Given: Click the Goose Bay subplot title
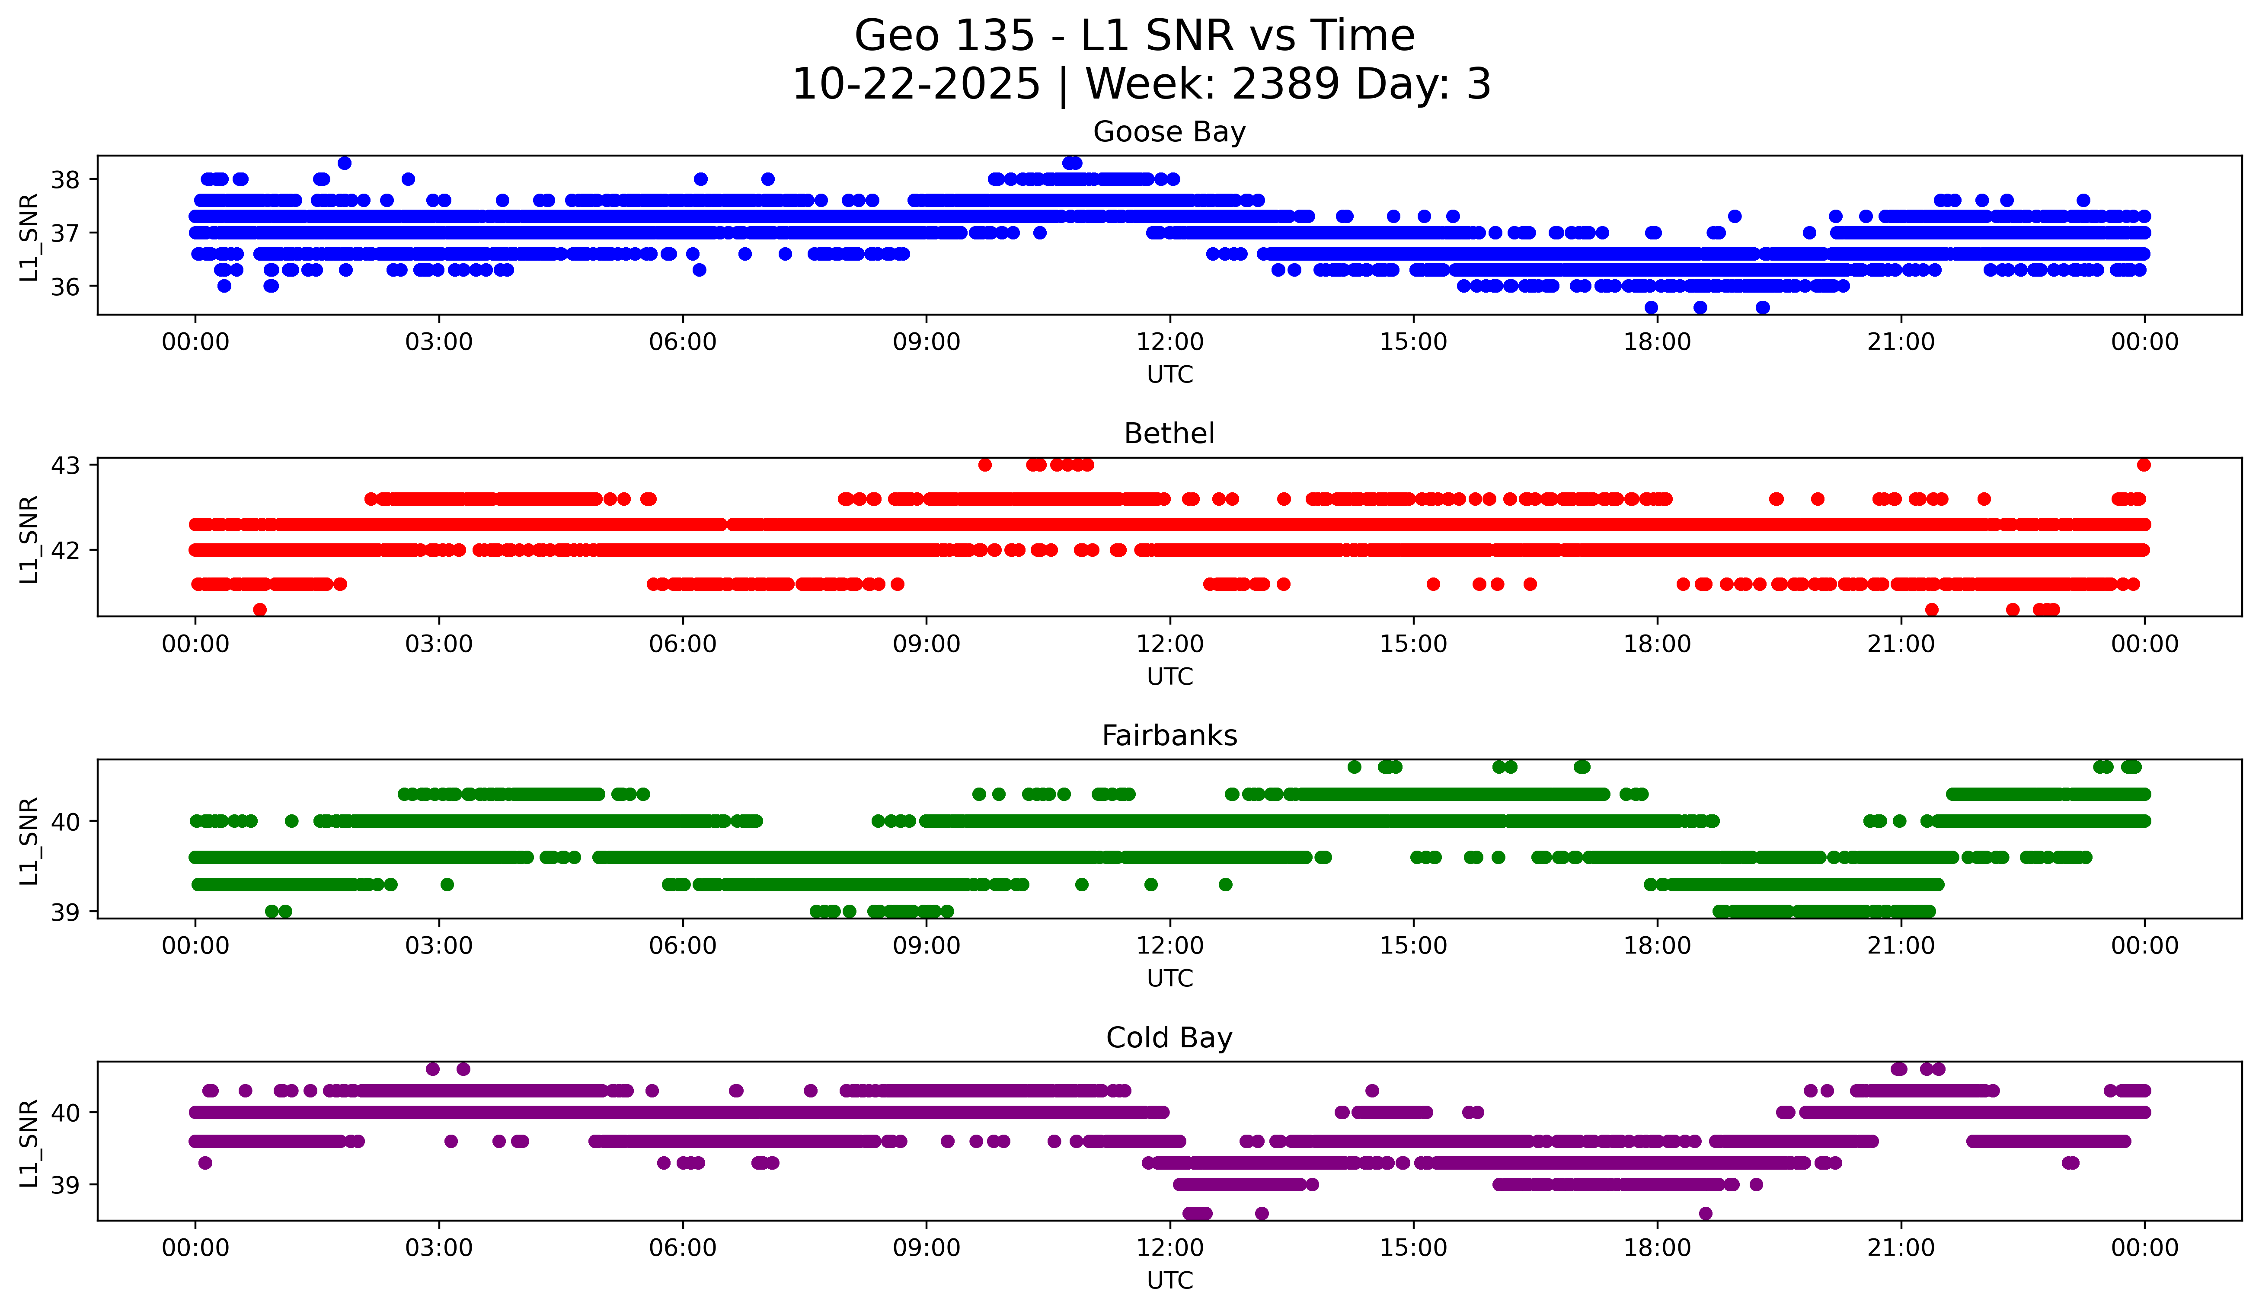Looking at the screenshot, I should coord(1169,133).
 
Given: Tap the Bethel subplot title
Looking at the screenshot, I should coord(1169,434).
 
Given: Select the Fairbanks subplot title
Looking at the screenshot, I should coord(1169,736).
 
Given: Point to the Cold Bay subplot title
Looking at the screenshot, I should coord(1169,1038).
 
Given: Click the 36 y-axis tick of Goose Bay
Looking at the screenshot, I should coord(64,287).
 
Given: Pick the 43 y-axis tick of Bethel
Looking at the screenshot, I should coord(64,465).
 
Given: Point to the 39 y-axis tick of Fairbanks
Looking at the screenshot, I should coord(64,912).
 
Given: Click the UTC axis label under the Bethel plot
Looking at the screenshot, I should coord(1169,676).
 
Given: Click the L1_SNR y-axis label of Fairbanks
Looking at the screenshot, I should coord(29,841).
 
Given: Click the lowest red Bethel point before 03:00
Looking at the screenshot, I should coord(260,609).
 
